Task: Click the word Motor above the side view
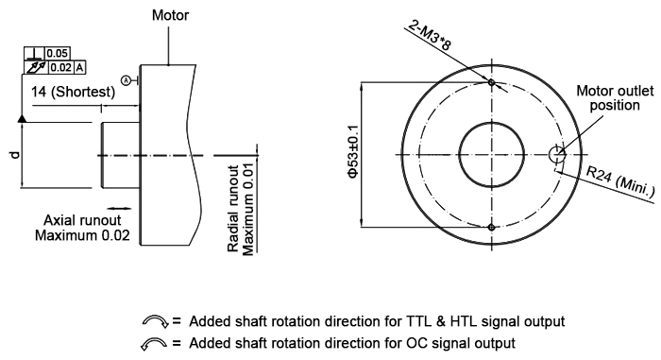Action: [172, 16]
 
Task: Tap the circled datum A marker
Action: [127, 79]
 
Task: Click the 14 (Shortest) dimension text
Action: [74, 92]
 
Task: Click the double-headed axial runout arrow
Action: [119, 206]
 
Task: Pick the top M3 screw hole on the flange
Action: [492, 81]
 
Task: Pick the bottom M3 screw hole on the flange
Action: [492, 227]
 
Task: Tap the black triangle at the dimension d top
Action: [20, 119]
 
